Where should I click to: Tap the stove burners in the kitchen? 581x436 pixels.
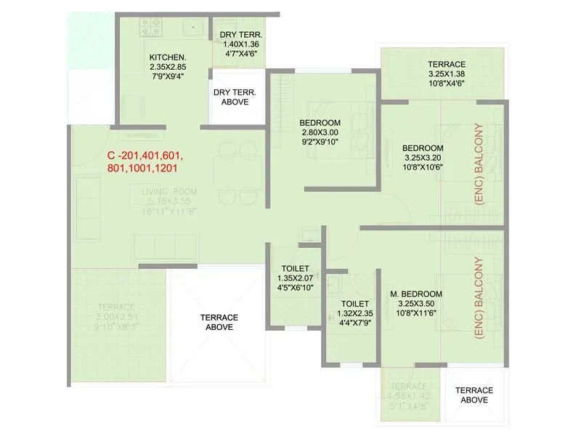(150, 28)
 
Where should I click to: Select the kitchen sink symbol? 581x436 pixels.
(193, 27)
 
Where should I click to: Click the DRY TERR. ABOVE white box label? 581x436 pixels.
(230, 97)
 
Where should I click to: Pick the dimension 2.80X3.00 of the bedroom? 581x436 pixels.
(320, 132)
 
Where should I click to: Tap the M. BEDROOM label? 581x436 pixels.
(412, 294)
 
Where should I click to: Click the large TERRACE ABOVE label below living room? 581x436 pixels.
(219, 323)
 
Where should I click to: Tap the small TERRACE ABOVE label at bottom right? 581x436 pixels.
(474, 395)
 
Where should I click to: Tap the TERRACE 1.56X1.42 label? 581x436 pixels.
(411, 397)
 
